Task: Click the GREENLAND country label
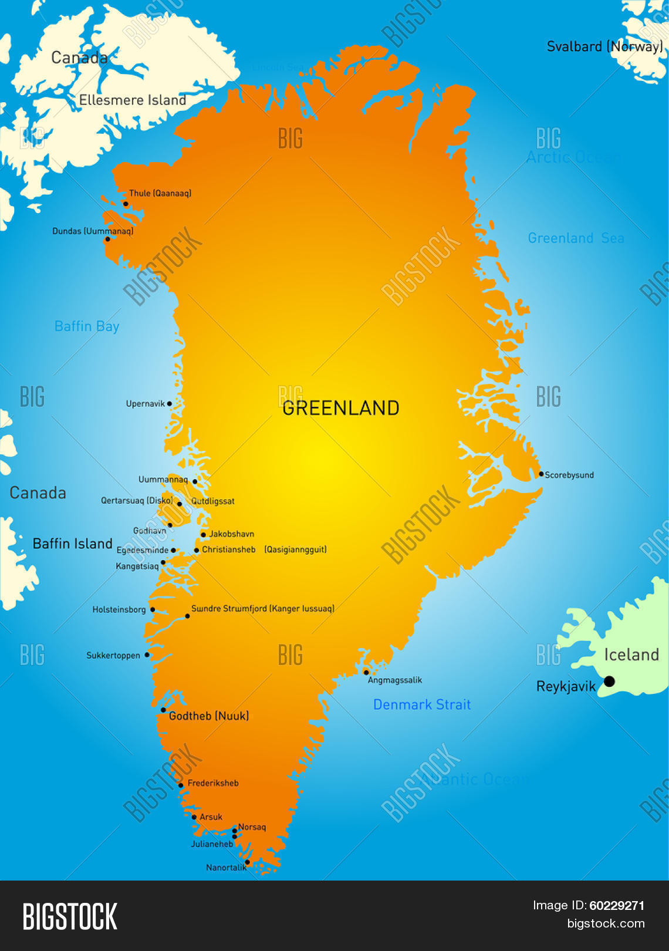[340, 408]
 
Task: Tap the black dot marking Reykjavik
[609, 681]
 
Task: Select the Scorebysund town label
[569, 475]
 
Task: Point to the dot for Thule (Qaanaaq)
[126, 204]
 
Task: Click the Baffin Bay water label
[87, 326]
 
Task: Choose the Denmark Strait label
[422, 704]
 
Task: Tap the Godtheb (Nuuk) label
[209, 716]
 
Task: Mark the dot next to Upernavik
[170, 404]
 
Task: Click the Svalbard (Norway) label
[604, 46]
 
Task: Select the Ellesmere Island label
[133, 100]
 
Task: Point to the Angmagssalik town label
[395, 680]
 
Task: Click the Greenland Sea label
[576, 238]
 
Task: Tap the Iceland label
[631, 655]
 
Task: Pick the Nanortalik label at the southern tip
[226, 868]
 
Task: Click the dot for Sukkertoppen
[147, 655]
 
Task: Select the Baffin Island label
[72, 544]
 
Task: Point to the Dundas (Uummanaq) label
[93, 231]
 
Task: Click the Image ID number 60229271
[617, 906]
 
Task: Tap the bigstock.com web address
[606, 923]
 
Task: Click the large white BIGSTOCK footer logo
[70, 917]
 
